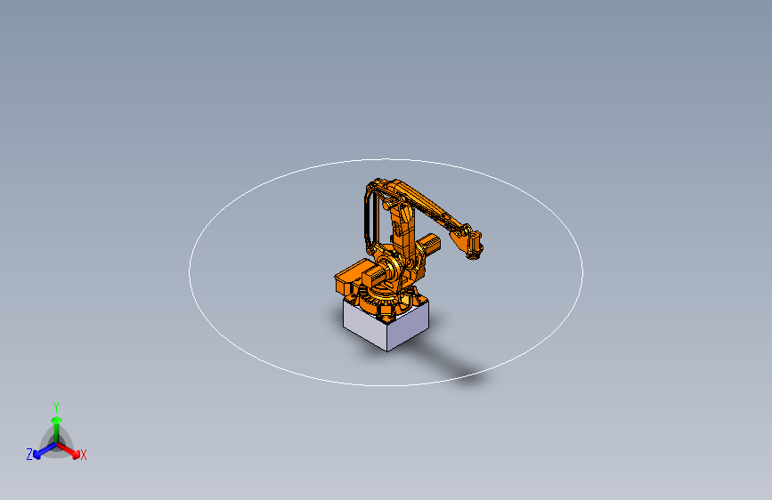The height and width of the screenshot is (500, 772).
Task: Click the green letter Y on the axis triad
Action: [x=56, y=405]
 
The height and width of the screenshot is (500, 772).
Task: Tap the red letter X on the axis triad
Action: [x=84, y=455]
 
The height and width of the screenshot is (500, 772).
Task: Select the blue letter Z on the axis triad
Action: [x=29, y=454]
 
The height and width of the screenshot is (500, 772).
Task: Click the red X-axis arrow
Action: [x=71, y=450]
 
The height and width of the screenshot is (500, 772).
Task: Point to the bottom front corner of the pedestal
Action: [x=387, y=350]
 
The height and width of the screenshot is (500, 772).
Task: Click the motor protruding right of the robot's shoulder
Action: [x=431, y=244]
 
